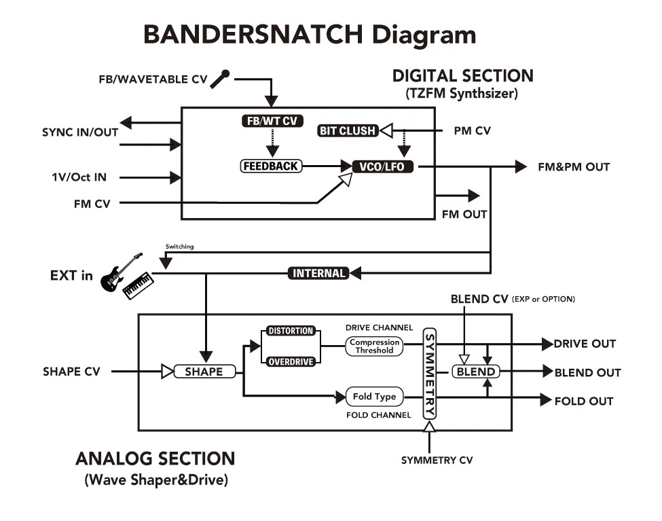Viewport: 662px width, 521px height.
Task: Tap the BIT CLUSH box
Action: tap(347, 130)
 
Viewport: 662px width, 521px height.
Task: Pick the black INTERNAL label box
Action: tap(318, 273)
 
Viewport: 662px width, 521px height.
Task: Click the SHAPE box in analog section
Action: tap(204, 372)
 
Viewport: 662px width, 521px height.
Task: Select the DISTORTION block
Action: tap(290, 331)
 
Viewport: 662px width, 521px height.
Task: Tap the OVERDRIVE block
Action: tap(290, 361)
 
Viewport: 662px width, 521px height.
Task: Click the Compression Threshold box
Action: tap(374, 346)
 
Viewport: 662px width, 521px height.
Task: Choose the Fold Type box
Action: tap(374, 397)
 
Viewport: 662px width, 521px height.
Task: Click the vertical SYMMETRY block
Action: tap(429, 374)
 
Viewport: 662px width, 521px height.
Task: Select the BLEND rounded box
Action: tap(475, 372)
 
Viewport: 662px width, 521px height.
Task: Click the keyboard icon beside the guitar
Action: tap(139, 285)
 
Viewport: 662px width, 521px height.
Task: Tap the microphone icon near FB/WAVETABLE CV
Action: tap(219, 79)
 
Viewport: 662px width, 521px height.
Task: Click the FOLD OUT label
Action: tap(583, 401)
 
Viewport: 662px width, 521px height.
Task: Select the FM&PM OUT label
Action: tap(574, 166)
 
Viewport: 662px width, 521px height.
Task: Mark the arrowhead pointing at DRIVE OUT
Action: tap(547, 344)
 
